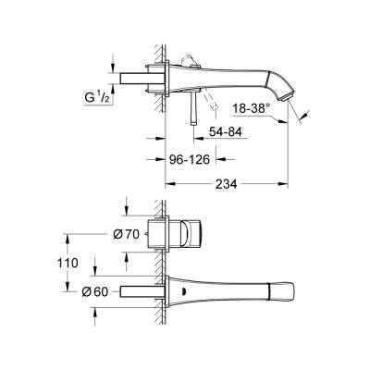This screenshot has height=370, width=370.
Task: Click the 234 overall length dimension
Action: [226, 184]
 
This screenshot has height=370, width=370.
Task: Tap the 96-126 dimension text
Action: [190, 159]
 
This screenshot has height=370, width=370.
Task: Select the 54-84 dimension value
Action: [226, 132]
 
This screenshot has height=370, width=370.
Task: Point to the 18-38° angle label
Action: [251, 109]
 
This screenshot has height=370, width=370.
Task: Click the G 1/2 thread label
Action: [97, 97]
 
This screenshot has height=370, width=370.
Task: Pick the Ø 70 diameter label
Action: [127, 235]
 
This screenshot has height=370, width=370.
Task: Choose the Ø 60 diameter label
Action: [95, 291]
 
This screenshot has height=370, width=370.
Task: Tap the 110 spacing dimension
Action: [68, 263]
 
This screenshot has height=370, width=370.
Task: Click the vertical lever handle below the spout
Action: [193, 108]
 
